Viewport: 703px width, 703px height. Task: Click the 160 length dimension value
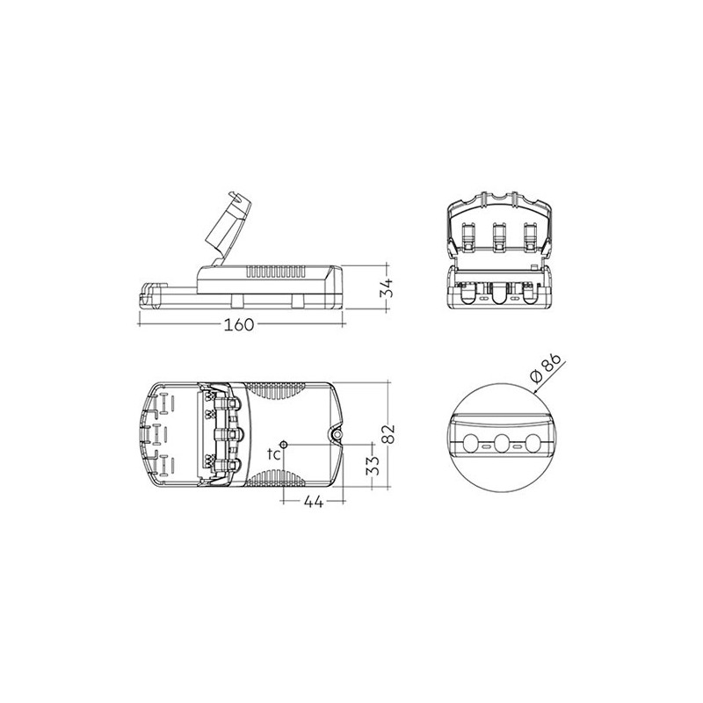(x=239, y=324)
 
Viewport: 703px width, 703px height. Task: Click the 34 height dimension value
(x=386, y=288)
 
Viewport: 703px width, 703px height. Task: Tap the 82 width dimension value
(x=389, y=433)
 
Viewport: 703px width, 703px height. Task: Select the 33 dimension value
(x=373, y=465)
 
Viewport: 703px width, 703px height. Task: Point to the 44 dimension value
(x=314, y=502)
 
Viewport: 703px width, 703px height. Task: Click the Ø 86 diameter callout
(x=545, y=367)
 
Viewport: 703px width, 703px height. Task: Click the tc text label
(x=274, y=453)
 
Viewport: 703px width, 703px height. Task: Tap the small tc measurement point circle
(x=284, y=444)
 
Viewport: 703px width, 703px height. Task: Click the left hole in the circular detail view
(x=471, y=443)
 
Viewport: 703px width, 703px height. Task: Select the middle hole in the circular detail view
(x=502, y=443)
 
